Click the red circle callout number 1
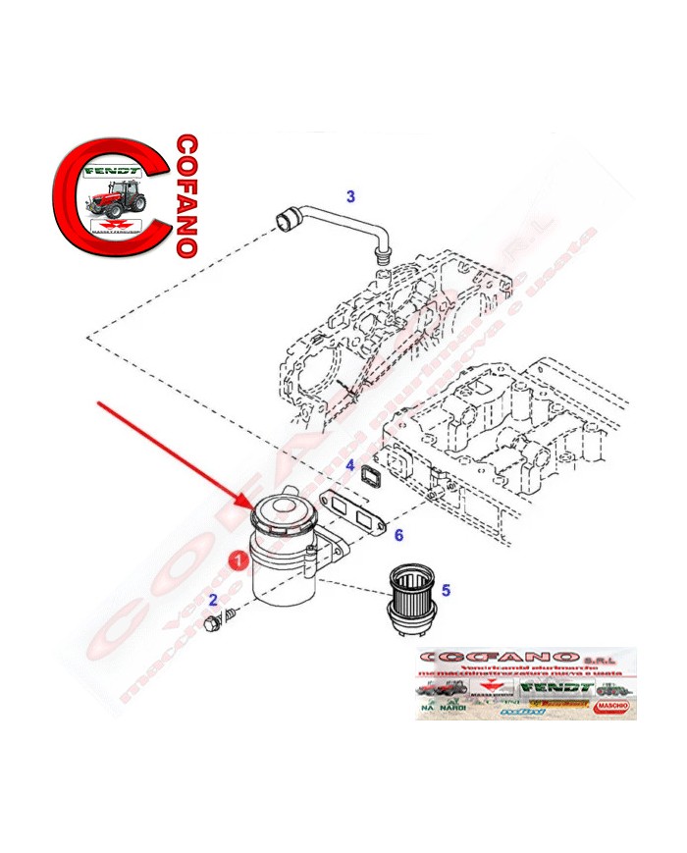tap(237, 560)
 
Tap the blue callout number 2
tap(212, 600)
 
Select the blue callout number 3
tap(349, 196)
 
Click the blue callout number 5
tap(445, 590)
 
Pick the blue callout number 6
tap(398, 535)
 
